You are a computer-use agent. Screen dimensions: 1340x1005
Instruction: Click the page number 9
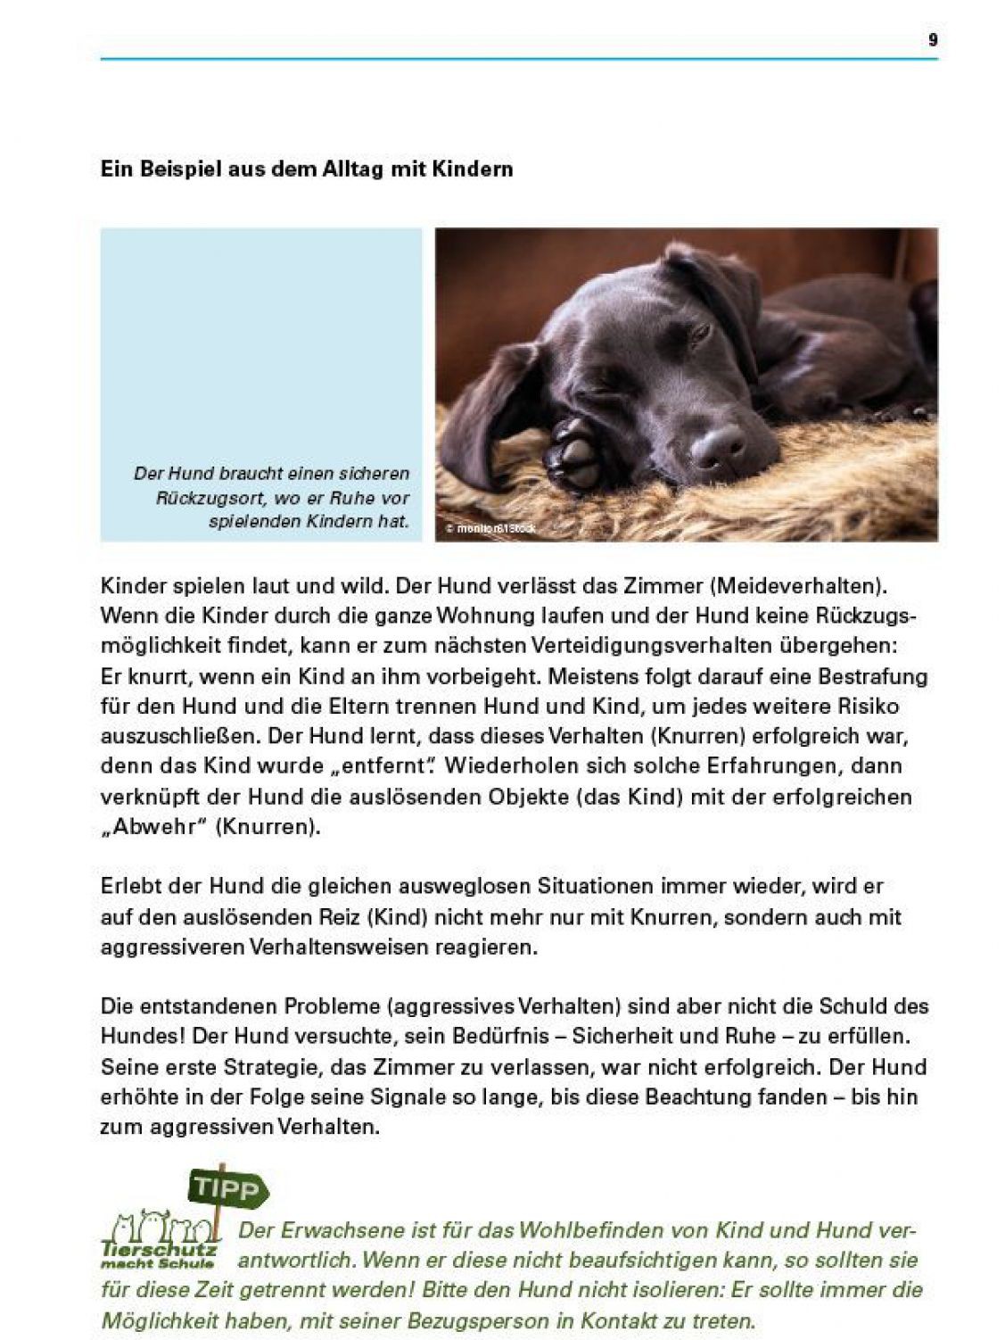[x=933, y=40]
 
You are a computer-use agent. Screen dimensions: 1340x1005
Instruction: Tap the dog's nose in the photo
[x=719, y=444]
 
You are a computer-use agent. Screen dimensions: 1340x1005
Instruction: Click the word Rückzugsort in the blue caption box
[x=208, y=498]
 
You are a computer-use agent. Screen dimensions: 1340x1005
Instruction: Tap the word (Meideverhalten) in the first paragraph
[x=799, y=586]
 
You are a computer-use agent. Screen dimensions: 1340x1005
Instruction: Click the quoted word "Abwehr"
[x=154, y=826]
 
